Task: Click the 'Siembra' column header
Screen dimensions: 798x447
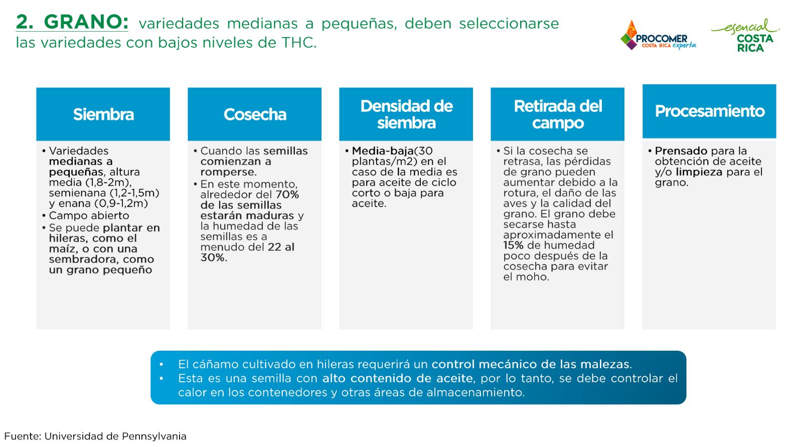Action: [x=103, y=114]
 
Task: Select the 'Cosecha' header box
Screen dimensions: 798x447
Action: [x=254, y=114]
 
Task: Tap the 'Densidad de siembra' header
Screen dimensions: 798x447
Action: [x=406, y=114]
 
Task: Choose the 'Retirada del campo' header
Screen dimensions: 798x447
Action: [x=558, y=114]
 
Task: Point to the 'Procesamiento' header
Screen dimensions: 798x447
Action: [x=709, y=111]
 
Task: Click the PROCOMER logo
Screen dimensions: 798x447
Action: [x=658, y=35]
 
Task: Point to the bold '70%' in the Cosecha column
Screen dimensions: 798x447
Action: [x=287, y=195]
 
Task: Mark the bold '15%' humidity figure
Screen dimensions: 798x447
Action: [x=513, y=245]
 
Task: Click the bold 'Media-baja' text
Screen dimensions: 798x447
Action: [x=383, y=151]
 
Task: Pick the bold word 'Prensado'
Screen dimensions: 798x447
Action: [x=681, y=151]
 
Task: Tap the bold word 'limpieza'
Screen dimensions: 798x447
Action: [x=699, y=172]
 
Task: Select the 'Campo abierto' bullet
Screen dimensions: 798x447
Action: [x=89, y=216]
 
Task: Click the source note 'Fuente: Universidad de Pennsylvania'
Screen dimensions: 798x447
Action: [x=95, y=436]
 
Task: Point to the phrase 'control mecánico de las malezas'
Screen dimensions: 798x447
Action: [x=531, y=364]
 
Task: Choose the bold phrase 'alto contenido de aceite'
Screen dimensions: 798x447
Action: [x=398, y=378]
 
